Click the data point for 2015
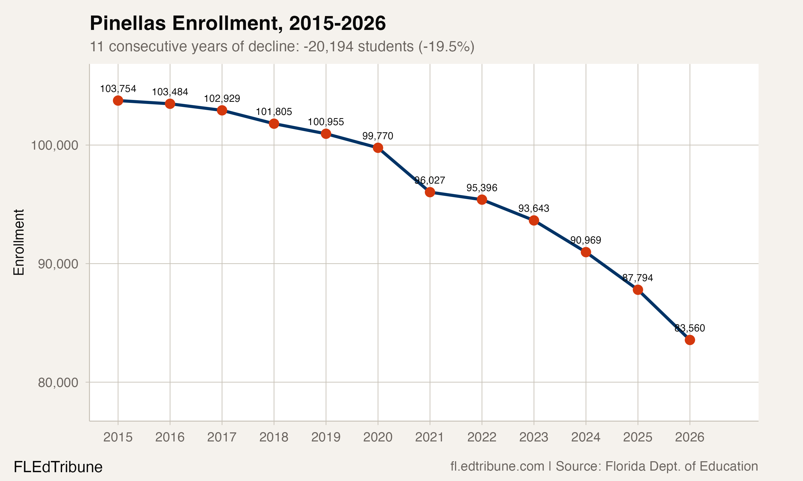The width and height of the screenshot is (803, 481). pyautogui.click(x=118, y=100)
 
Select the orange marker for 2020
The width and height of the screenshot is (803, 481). pyautogui.click(x=378, y=148)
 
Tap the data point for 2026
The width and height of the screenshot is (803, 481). pyautogui.click(x=690, y=340)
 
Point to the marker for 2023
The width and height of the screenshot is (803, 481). pyautogui.click(x=534, y=220)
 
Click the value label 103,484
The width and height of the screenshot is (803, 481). pyautogui.click(x=170, y=92)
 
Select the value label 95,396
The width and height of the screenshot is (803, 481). pyautogui.click(x=482, y=188)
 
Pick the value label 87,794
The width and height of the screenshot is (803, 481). pyautogui.click(x=638, y=278)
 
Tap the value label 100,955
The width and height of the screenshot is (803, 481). pyautogui.click(x=325, y=122)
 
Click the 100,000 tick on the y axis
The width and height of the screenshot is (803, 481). pyautogui.click(x=54, y=145)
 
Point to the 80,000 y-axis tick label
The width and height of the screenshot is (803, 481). pyautogui.click(x=58, y=382)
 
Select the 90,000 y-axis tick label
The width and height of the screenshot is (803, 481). pyautogui.click(x=58, y=264)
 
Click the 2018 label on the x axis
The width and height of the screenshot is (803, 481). pyautogui.click(x=274, y=437)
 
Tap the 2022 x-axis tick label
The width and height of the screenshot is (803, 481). pyautogui.click(x=482, y=437)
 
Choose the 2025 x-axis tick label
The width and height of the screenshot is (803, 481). pyautogui.click(x=638, y=437)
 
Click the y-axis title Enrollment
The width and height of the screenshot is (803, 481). pyautogui.click(x=19, y=242)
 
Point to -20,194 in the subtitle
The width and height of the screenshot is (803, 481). pyautogui.click(x=328, y=46)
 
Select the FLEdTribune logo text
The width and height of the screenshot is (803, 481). pyautogui.click(x=58, y=467)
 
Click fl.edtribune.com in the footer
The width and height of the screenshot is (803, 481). pyautogui.click(x=497, y=466)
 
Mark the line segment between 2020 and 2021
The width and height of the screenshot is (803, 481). pyautogui.click(x=404, y=170)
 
